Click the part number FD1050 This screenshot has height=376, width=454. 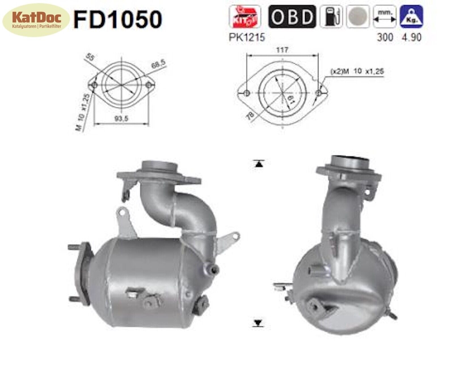[118, 19]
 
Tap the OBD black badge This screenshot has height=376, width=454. [292, 17]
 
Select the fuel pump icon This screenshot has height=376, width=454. [331, 17]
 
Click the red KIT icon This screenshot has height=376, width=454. [245, 16]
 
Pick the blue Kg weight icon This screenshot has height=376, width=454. [411, 16]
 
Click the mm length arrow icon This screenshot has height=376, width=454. [384, 17]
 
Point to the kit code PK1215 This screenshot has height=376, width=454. [247, 37]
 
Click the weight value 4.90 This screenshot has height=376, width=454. [411, 37]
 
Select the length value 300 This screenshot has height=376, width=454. [385, 37]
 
